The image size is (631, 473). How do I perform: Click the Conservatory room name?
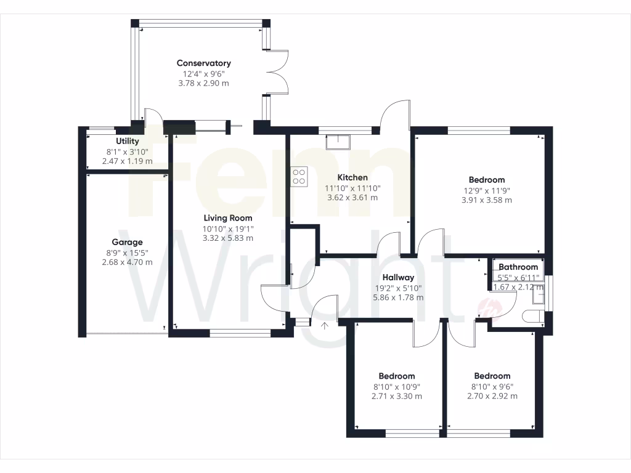(203, 63)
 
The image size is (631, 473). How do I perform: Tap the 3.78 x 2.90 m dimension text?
(203, 83)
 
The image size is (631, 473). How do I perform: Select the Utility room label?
(127, 141)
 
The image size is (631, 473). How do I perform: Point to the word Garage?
(127, 242)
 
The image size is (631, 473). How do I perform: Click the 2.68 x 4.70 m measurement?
(127, 262)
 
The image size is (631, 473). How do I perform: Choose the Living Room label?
(228, 217)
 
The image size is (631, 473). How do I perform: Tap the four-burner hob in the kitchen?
(299, 176)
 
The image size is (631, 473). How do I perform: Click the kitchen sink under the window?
(338, 142)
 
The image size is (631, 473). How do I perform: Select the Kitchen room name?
(352, 177)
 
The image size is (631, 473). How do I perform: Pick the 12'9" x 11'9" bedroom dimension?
(486, 190)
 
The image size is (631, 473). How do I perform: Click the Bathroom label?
(518, 267)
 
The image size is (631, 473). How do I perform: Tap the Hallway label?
(398, 277)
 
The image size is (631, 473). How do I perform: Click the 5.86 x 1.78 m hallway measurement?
(398, 297)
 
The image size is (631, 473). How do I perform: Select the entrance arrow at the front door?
(325, 326)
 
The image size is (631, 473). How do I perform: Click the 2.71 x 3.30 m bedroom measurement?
(397, 396)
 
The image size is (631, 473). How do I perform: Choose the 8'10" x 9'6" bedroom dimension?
(492, 386)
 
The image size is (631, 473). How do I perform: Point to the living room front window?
(240, 334)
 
